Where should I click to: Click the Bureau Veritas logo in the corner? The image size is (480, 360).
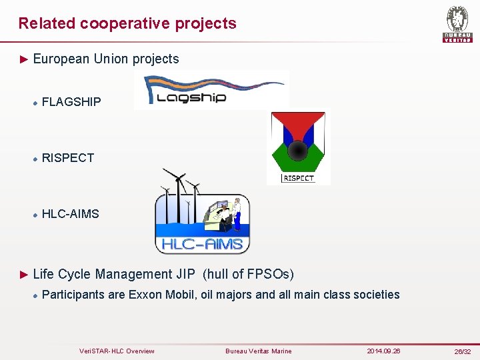(457, 24)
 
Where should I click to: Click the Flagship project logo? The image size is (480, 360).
(211, 91)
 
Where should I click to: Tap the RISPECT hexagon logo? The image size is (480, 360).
(298, 147)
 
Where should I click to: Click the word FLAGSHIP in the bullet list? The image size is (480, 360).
(71, 102)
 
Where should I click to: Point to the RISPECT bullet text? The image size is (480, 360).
(68, 158)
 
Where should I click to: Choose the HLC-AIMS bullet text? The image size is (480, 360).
(70, 214)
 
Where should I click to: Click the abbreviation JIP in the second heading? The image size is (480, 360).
(186, 274)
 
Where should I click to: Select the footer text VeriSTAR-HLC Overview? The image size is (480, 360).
(117, 351)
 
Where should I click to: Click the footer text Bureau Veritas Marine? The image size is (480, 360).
(259, 351)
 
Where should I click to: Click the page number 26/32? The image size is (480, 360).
(462, 351)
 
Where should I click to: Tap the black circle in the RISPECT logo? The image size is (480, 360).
(298, 151)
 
